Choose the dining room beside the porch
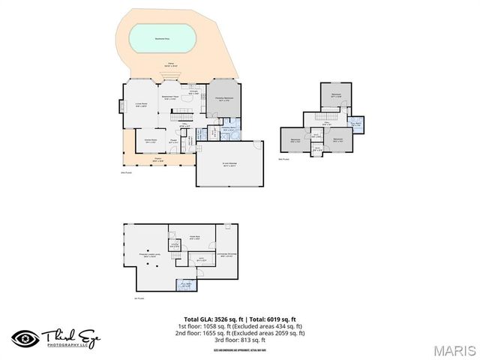point(149,139)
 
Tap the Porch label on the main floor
point(158,160)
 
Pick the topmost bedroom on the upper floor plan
point(335,95)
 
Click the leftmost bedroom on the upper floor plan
point(295,140)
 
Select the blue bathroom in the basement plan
point(185,285)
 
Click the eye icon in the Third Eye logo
point(24,338)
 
